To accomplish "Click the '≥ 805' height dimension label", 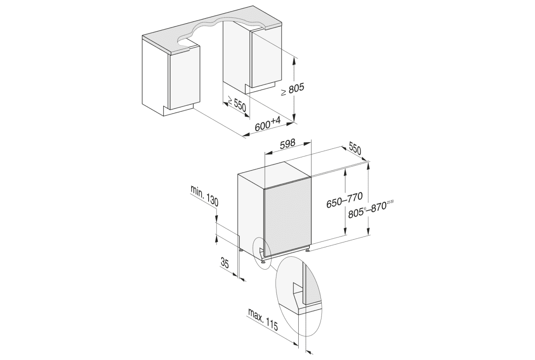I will (x=292, y=90).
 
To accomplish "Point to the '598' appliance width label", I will (x=288, y=144).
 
